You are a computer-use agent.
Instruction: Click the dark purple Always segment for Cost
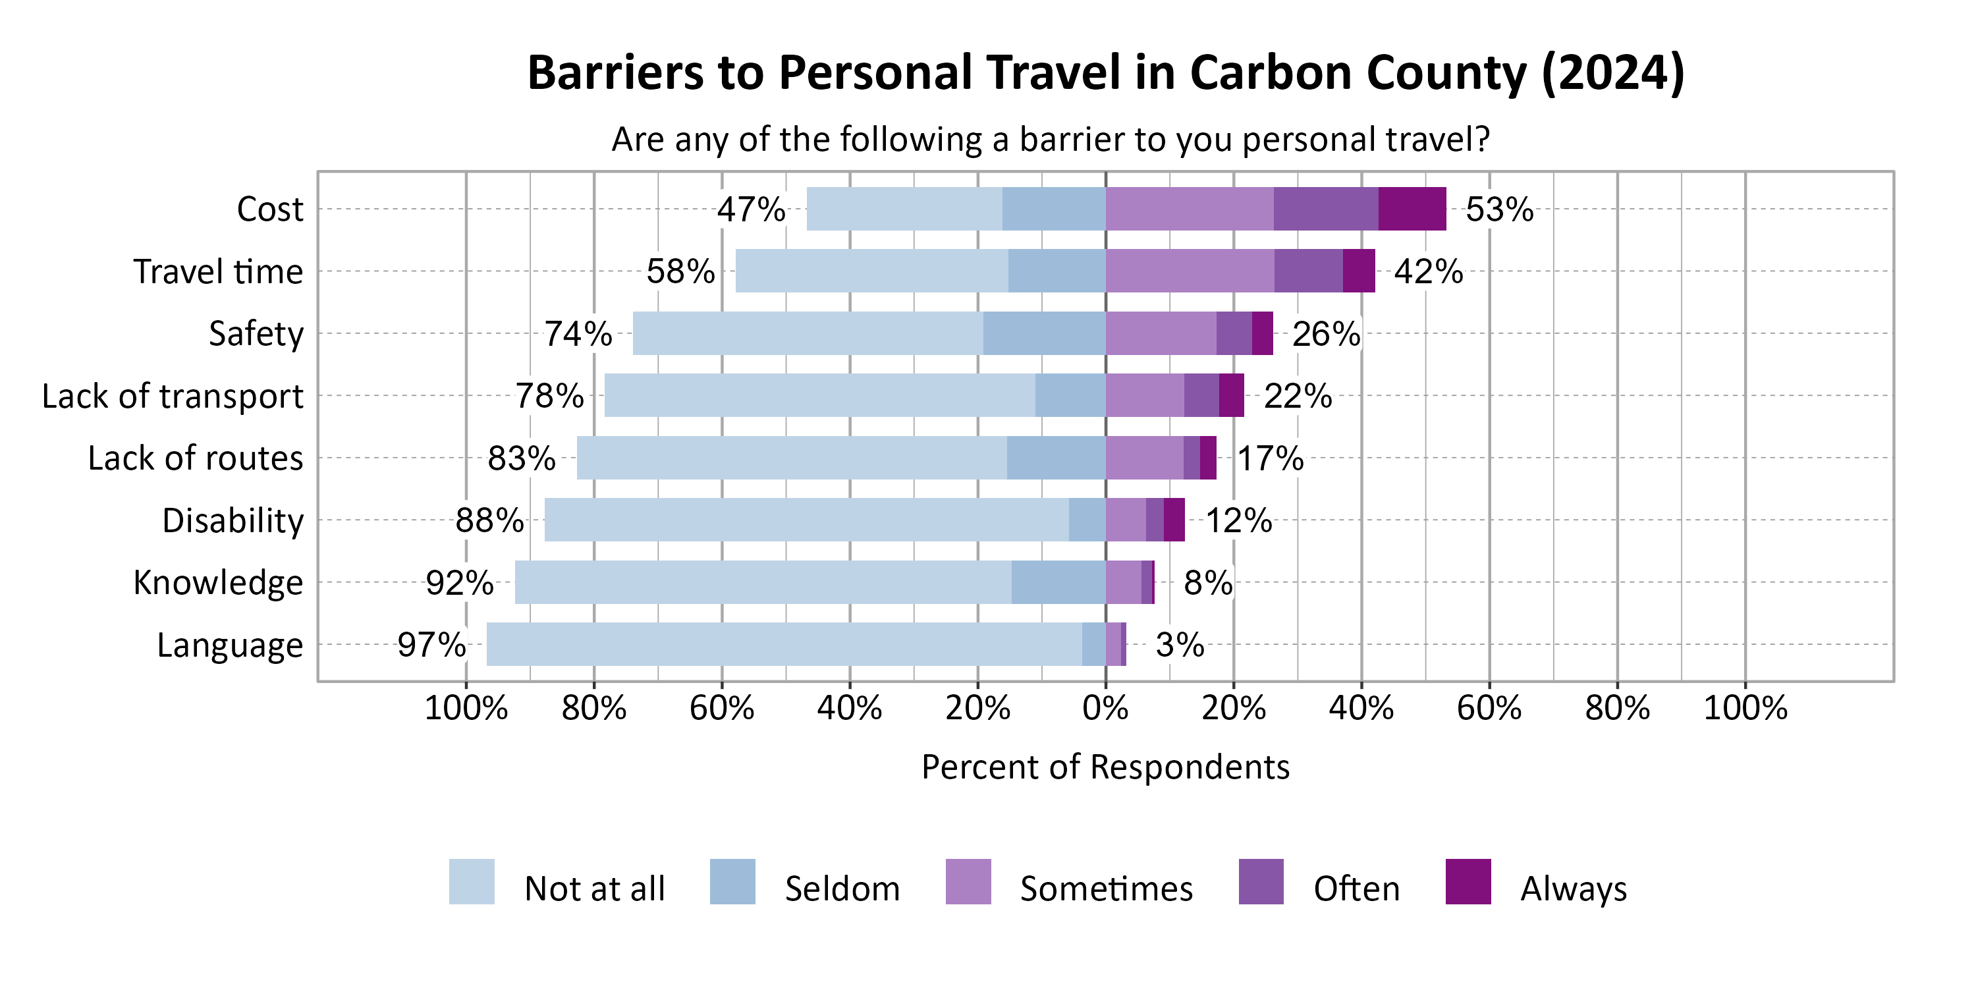pyautogui.click(x=1412, y=209)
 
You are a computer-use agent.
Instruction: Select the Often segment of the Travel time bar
pyautogui.click(x=1308, y=271)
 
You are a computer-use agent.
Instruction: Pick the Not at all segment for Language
pyautogui.click(x=784, y=644)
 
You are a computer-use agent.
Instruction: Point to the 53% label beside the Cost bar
pyautogui.click(x=1499, y=209)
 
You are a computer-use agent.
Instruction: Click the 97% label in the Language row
pyautogui.click(x=431, y=645)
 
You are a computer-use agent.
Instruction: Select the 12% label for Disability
pyautogui.click(x=1238, y=521)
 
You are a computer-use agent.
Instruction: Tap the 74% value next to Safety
pyautogui.click(x=578, y=334)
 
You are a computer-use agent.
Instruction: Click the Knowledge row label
pyautogui.click(x=219, y=583)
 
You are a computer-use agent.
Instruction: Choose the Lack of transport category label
pyautogui.click(x=173, y=397)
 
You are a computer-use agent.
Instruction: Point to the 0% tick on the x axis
pyautogui.click(x=1105, y=707)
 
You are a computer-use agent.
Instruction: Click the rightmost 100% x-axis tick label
pyautogui.click(x=1745, y=707)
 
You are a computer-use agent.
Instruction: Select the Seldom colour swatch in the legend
pyautogui.click(x=732, y=881)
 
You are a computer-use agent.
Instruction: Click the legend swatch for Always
pyautogui.click(x=1468, y=881)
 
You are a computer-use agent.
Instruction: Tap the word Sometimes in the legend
pyautogui.click(x=1106, y=889)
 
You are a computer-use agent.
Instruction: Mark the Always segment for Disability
pyautogui.click(x=1174, y=520)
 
